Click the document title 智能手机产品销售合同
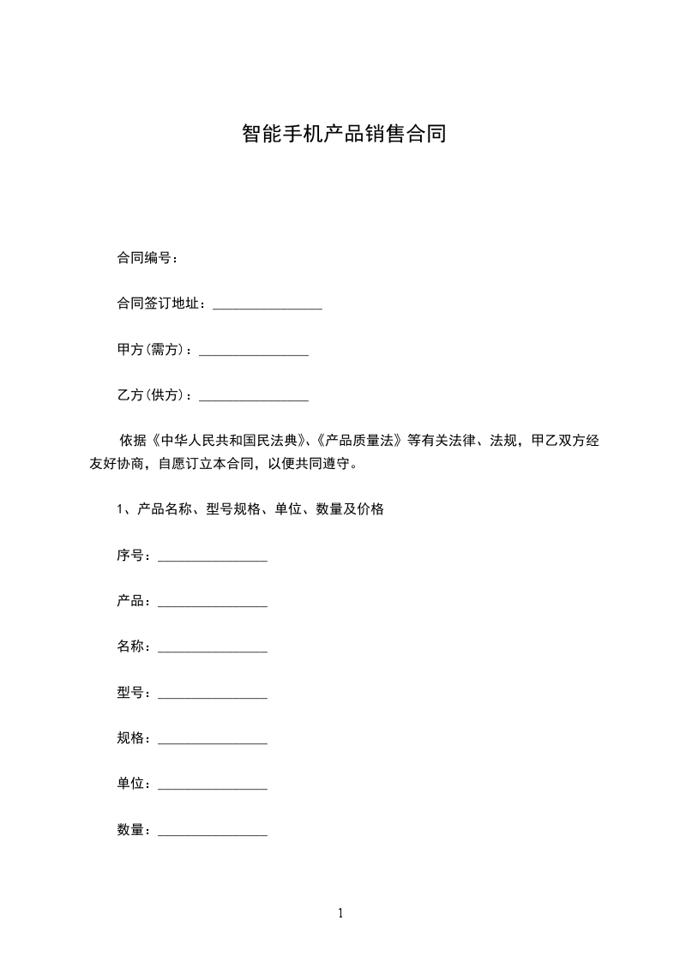pyautogui.click(x=344, y=135)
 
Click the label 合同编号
pyautogui.click(x=143, y=258)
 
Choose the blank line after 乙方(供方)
pyautogui.click(x=253, y=398)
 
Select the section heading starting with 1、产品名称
pyautogui.click(x=250, y=509)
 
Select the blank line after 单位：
pyautogui.click(x=213, y=785)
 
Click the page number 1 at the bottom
pyautogui.click(x=340, y=913)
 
